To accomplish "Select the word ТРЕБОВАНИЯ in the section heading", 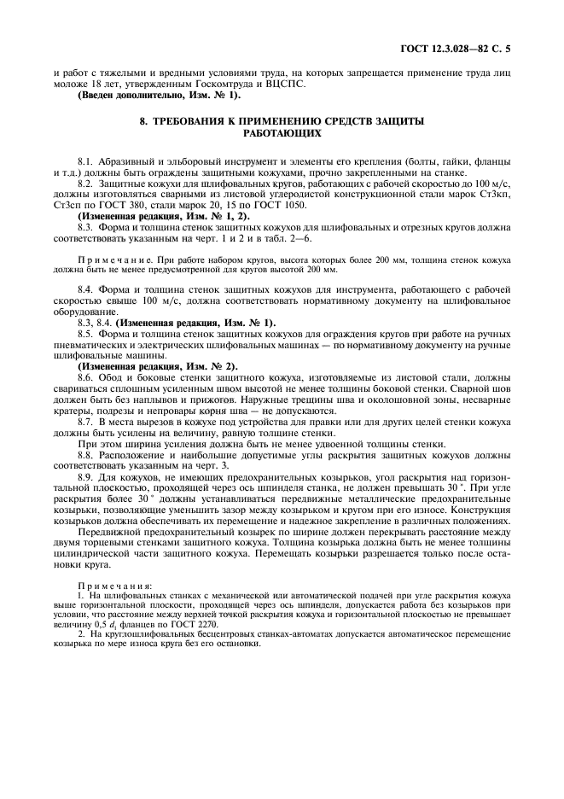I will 195,122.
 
